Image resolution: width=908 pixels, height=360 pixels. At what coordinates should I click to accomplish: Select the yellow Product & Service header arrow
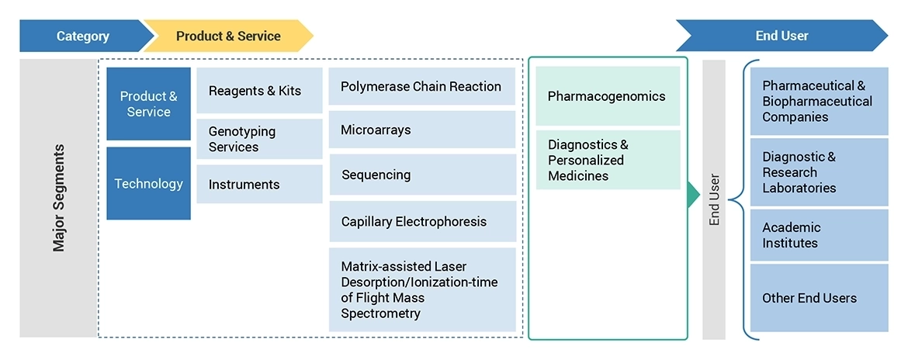228,36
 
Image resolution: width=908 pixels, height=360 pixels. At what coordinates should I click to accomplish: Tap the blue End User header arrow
781,36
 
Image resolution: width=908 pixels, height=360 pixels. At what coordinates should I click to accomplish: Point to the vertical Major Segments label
59,198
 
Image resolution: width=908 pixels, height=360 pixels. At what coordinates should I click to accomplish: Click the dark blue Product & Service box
148,104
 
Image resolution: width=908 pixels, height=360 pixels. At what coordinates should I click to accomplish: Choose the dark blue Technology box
148,184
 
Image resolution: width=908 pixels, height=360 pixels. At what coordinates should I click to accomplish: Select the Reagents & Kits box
259,91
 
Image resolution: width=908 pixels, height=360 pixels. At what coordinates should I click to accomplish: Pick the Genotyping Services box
259,139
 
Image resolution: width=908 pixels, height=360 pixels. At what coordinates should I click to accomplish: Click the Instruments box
259,185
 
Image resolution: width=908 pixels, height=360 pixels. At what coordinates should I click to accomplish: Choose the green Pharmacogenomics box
608,96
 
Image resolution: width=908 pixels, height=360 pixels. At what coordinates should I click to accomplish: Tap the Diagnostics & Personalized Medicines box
608,160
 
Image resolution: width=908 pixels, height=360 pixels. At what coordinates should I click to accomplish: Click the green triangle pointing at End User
693,196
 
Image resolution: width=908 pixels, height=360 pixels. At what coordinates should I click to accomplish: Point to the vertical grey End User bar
714,199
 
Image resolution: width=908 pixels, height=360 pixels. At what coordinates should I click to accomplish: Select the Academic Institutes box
819,235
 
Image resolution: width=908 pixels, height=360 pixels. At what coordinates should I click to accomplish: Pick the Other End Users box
819,298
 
